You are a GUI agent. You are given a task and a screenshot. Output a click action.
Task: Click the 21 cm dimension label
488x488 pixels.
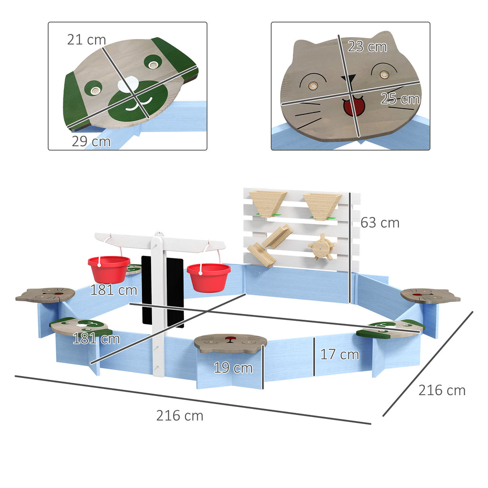pos(87,40)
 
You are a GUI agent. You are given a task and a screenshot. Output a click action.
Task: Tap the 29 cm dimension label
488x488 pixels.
pos(91,141)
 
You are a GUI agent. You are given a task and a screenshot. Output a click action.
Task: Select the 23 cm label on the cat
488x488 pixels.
pos(367,47)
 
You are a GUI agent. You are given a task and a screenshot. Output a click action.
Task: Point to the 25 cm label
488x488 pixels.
pos(400,99)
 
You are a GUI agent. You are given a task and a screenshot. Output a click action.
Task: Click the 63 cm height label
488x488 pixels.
pos(380,223)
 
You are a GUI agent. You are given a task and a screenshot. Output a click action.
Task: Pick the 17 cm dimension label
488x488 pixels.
pos(339,355)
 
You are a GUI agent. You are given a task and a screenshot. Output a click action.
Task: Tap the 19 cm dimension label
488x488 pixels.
pos(233,368)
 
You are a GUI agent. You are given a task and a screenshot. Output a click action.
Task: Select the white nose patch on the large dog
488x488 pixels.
pos(128,85)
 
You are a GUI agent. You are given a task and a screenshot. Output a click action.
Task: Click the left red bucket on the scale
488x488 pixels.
pos(109,270)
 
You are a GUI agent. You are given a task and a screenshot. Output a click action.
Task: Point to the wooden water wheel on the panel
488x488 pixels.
pos(322,247)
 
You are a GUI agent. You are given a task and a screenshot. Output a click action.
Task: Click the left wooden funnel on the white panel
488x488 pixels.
pos(268,204)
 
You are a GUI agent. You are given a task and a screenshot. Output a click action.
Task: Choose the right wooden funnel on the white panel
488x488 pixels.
pos(322,206)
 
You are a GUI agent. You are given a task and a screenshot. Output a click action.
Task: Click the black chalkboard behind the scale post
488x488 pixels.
pos(163,291)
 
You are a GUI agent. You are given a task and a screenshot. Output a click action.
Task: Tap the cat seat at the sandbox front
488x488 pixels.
pos(230,343)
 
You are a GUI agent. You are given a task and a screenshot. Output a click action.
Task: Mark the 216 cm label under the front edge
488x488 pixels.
pos(180,416)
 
